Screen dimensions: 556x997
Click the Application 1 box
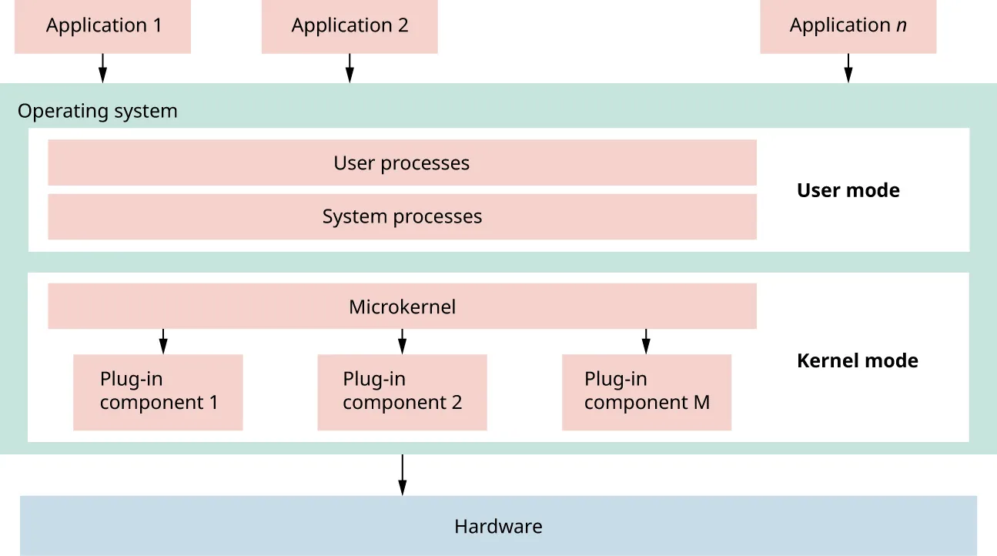click(x=102, y=26)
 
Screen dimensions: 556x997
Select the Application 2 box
click(x=350, y=26)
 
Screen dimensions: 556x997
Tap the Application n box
click(x=848, y=26)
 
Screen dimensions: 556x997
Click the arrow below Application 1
click(x=102, y=68)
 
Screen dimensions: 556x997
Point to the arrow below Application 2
click(x=350, y=68)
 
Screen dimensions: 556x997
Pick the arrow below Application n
click(x=848, y=68)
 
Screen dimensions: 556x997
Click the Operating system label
click(x=98, y=111)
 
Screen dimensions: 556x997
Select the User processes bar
click(x=402, y=162)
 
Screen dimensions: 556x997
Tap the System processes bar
click(x=402, y=216)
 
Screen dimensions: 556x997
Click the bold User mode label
click(x=848, y=190)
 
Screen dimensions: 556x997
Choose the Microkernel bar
click(x=402, y=306)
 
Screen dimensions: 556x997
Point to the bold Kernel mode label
click(x=857, y=360)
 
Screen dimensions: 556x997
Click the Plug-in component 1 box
click(x=158, y=391)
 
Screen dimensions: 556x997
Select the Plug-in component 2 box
click(x=402, y=391)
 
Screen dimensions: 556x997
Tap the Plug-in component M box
click(x=646, y=391)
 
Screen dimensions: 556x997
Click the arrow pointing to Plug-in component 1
click(x=162, y=340)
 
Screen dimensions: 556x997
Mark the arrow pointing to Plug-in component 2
click(x=402, y=340)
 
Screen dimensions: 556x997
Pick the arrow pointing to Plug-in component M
click(x=646, y=340)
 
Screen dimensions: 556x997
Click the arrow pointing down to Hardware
click(x=402, y=474)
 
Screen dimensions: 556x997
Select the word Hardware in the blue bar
click(x=498, y=527)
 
